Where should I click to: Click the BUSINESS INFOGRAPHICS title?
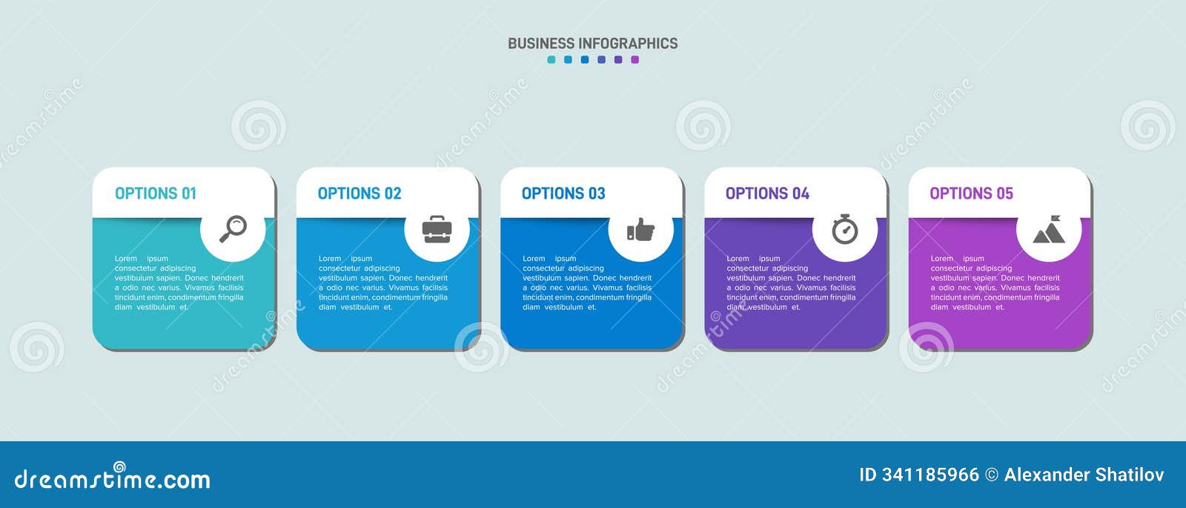click(592, 44)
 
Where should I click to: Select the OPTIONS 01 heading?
click(156, 194)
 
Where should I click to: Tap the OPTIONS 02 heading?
click(360, 194)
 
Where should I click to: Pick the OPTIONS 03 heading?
click(563, 194)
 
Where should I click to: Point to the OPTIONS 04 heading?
click(767, 194)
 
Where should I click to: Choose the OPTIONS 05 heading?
click(972, 194)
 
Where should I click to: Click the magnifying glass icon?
click(233, 229)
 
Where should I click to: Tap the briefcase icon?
click(437, 229)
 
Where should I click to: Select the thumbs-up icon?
click(640, 229)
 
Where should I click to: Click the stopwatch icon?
click(845, 229)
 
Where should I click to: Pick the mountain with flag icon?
click(1049, 229)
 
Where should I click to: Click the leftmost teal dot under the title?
click(551, 60)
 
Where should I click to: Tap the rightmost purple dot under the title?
click(635, 60)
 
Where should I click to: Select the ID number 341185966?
click(930, 475)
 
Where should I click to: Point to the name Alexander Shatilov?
click(1084, 475)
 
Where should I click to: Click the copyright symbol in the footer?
click(992, 475)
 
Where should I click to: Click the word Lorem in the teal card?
click(126, 259)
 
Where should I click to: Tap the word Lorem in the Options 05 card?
click(942, 259)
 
